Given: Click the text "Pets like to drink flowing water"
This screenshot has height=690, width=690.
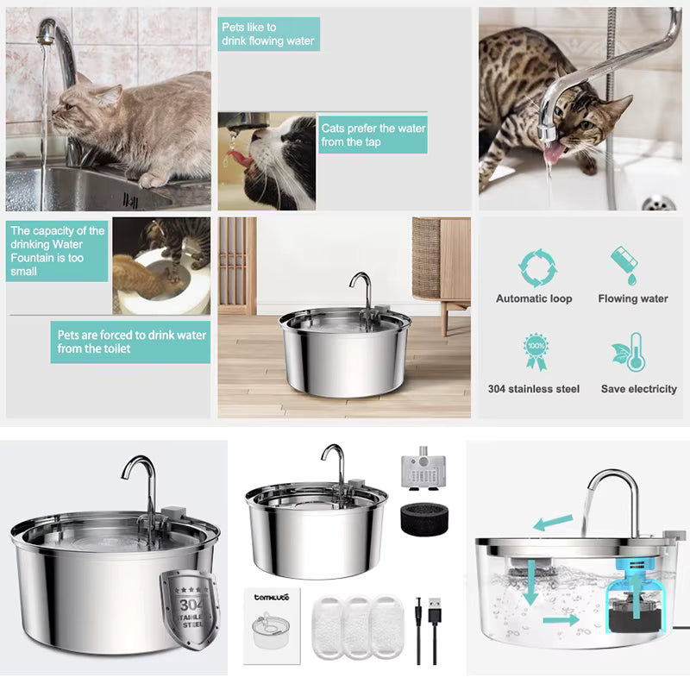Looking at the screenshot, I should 268,34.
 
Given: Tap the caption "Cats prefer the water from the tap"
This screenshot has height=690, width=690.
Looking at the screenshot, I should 373,135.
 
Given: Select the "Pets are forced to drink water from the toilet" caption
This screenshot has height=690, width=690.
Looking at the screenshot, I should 131,342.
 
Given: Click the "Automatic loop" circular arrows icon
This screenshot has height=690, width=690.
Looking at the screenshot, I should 535,267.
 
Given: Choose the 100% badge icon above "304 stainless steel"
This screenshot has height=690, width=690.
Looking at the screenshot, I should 535,352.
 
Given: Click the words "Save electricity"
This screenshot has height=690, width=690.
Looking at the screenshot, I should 638,389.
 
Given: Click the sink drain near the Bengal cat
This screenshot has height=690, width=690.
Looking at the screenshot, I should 659,203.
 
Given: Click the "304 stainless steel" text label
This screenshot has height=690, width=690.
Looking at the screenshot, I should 534,389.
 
